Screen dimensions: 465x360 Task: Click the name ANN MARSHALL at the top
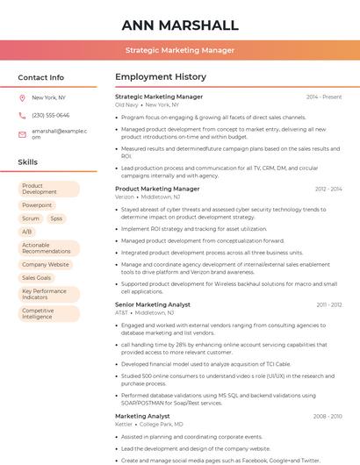180,25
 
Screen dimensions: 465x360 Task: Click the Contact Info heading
41,77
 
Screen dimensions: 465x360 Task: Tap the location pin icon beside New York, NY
22,97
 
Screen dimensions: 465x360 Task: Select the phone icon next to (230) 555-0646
22,115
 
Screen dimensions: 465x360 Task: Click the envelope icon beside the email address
22,134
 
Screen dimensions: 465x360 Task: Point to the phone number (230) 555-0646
51,115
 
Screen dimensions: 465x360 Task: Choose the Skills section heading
28,162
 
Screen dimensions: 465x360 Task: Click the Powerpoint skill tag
37,205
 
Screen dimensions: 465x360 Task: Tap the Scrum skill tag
31,218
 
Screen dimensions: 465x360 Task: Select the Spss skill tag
56,218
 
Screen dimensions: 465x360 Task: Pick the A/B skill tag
27,232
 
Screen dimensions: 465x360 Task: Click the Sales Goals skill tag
37,277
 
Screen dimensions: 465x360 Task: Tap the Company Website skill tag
46,264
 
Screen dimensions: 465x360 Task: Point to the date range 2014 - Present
324,97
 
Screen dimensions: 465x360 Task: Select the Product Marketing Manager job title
157,189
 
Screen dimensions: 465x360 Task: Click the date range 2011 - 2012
329,304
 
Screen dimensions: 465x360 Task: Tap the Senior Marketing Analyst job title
153,304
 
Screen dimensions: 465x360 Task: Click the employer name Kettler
124,424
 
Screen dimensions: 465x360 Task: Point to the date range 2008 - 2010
328,416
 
